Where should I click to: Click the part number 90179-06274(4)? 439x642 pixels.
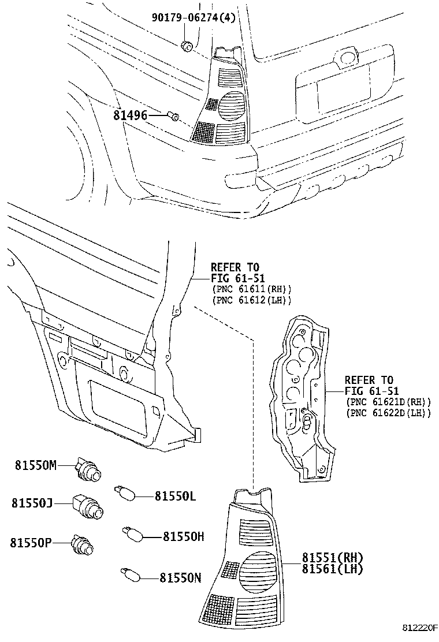[x=194, y=18]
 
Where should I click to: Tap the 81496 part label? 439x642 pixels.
[x=130, y=116]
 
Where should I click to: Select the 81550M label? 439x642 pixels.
[x=36, y=465]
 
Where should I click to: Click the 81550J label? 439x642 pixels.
[x=32, y=503]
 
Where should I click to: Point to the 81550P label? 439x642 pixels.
[x=31, y=543]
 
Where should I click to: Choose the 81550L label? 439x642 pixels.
[x=176, y=495]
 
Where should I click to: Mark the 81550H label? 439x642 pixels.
[x=184, y=536]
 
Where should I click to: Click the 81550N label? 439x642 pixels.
[x=180, y=577]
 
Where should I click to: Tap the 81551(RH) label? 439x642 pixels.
[x=332, y=558]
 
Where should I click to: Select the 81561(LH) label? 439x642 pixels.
[x=332, y=569]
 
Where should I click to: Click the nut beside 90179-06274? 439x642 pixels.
[x=187, y=46]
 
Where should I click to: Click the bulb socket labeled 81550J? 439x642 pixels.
[x=90, y=507]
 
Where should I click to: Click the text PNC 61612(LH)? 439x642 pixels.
[x=252, y=300]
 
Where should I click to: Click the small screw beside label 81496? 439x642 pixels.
[x=173, y=117]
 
